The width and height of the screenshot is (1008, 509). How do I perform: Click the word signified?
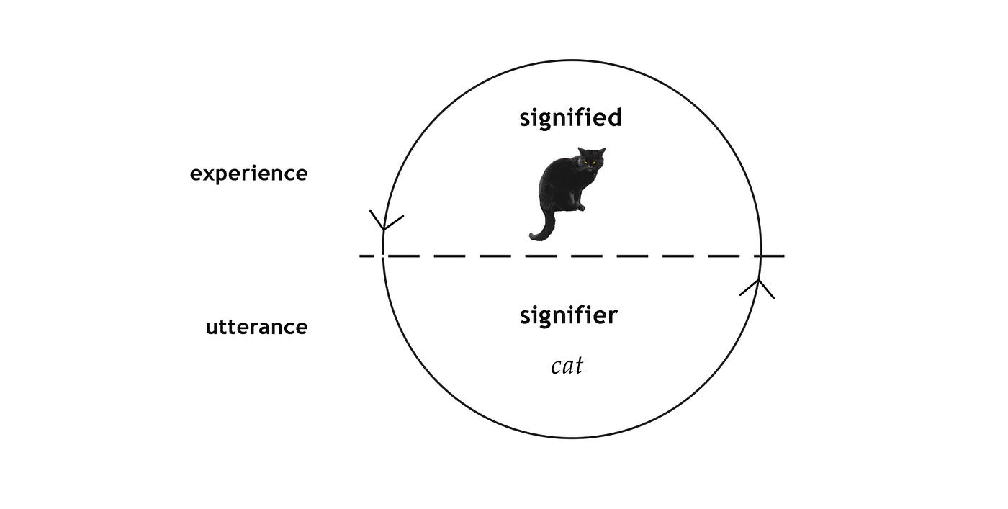click(x=570, y=117)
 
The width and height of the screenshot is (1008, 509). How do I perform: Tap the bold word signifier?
click(x=569, y=315)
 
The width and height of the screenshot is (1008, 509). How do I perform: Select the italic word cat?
click(x=567, y=366)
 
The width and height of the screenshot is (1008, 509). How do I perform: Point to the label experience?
click(x=248, y=174)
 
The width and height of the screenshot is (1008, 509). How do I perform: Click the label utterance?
click(x=256, y=328)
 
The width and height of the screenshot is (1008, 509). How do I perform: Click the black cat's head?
click(x=591, y=159)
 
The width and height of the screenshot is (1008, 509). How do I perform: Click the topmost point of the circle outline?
click(x=572, y=60)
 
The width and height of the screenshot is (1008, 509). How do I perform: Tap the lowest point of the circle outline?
click(x=572, y=438)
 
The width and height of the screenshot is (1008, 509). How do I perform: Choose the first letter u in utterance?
click(x=212, y=328)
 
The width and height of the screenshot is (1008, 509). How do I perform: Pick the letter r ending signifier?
click(x=613, y=316)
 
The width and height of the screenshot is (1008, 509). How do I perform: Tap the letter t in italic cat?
click(x=578, y=366)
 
